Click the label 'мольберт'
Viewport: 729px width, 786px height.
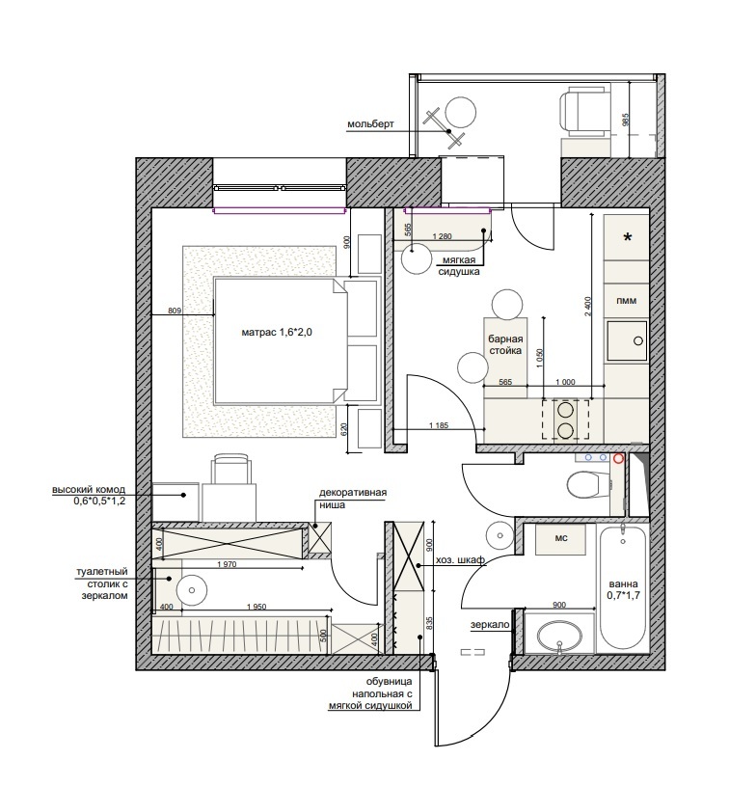371,123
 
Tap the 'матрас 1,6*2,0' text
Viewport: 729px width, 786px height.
277,332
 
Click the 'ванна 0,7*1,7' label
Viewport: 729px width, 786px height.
623,590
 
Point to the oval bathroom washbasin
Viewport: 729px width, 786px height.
559,637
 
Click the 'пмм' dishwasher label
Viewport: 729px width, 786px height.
627,301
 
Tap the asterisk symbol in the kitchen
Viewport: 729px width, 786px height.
627,237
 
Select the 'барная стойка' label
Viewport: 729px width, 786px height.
505,345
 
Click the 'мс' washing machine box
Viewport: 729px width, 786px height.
561,539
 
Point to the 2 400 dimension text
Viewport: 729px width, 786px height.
588,307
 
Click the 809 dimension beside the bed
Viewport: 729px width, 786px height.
175,311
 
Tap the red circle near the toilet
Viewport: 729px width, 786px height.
618,458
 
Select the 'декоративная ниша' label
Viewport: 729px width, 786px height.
353,499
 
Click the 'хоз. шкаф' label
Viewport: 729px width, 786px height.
461,560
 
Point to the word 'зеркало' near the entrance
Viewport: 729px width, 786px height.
490,625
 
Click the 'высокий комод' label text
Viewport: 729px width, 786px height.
89,490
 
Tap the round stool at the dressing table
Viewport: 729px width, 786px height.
193,590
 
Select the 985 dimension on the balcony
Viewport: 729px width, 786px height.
625,120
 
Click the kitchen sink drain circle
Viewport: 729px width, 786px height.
638,340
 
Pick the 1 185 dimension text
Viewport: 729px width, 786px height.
439,425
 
